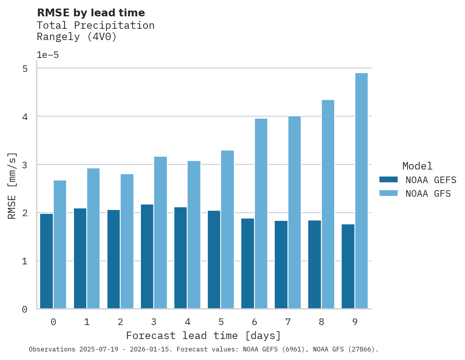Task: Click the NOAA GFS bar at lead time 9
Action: click(361, 191)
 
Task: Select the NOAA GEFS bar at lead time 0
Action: click(46, 261)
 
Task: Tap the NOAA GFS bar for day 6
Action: click(261, 213)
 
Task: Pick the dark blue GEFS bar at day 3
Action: click(147, 257)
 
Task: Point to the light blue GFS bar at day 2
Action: click(127, 241)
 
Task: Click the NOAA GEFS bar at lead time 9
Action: click(348, 266)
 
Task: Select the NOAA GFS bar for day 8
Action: click(328, 204)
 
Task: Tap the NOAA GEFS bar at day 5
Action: click(214, 260)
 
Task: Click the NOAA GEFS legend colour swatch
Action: click(388, 180)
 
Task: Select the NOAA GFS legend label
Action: click(428, 194)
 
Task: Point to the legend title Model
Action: click(417, 166)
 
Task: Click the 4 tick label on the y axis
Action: click(25, 117)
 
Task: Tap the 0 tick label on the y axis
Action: click(25, 309)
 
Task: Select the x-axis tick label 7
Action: click(288, 322)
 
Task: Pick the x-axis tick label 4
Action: click(188, 322)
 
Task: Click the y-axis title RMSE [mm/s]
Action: click(12, 186)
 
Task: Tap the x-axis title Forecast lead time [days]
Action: click(203, 336)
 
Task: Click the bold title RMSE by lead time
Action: click(91, 13)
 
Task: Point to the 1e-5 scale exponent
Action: click(47, 55)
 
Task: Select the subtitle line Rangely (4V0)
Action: click(77, 37)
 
